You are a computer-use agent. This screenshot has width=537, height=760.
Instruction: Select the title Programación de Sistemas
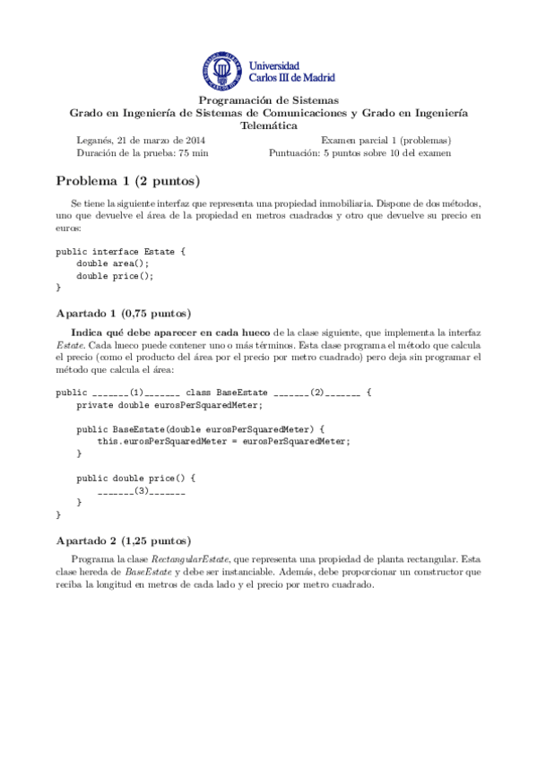(268, 100)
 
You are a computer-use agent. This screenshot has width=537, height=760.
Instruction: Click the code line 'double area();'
(112, 263)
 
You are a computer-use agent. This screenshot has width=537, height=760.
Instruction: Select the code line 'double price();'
(115, 276)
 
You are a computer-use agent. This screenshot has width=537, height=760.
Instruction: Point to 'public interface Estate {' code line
(120, 251)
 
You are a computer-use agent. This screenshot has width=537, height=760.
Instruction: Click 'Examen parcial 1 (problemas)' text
(385, 140)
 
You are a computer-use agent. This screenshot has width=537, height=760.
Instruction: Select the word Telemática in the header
(268, 125)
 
